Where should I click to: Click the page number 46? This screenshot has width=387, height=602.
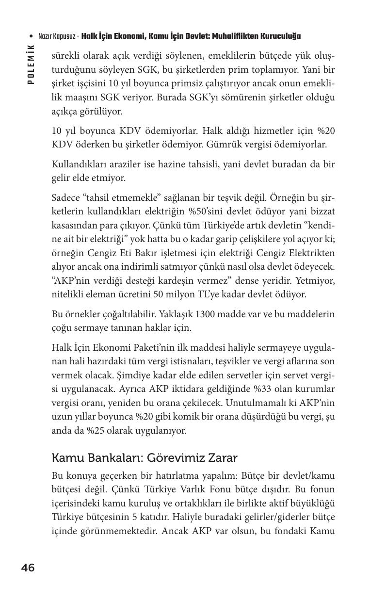pyautogui.click(x=28, y=568)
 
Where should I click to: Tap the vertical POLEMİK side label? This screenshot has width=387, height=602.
pyautogui.click(x=31, y=64)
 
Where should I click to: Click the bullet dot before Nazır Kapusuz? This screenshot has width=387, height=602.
pyautogui.click(x=32, y=37)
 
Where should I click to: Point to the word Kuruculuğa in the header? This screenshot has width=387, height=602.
pyautogui.click(x=281, y=36)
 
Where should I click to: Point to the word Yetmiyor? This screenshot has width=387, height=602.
pyautogui.click(x=312, y=280)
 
